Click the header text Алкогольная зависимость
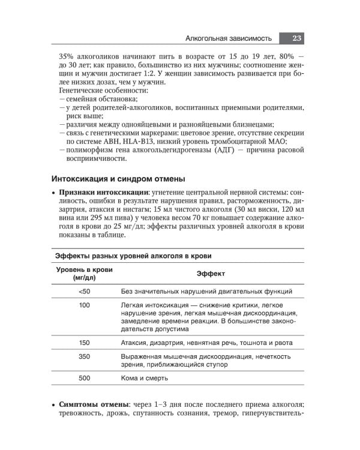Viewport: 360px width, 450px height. click(x=228, y=38)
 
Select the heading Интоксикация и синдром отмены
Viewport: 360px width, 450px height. click(x=118, y=179)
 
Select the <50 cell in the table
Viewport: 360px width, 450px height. click(x=84, y=291)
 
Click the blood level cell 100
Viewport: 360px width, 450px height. click(x=84, y=305)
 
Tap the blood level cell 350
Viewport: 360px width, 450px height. click(x=84, y=356)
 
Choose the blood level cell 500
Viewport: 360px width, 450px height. click(x=84, y=379)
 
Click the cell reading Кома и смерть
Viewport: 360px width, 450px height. click(x=144, y=379)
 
